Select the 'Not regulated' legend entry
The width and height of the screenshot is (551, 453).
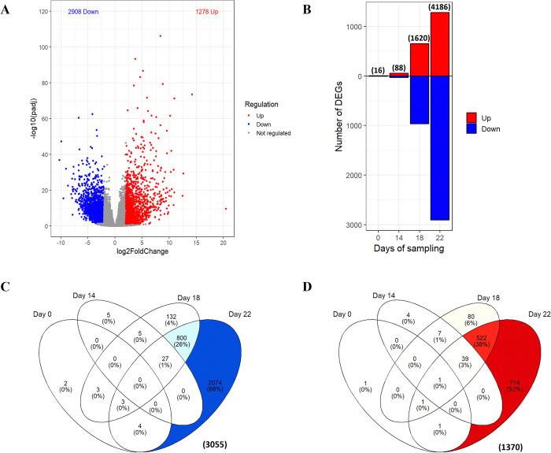pos(270,133)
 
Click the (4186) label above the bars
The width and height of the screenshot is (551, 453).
pos(440,7)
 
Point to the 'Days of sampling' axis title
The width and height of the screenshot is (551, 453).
pos(409,250)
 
